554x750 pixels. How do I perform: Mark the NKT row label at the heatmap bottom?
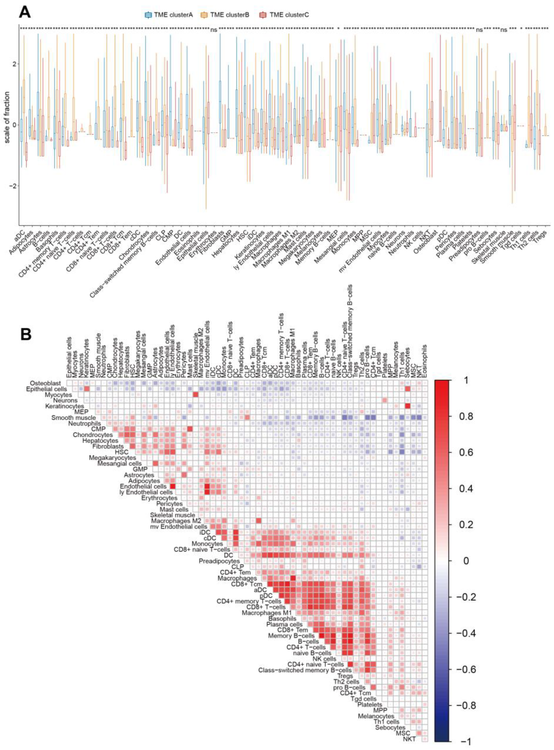coord(409,739)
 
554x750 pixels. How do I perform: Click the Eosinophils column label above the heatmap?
coord(425,361)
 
